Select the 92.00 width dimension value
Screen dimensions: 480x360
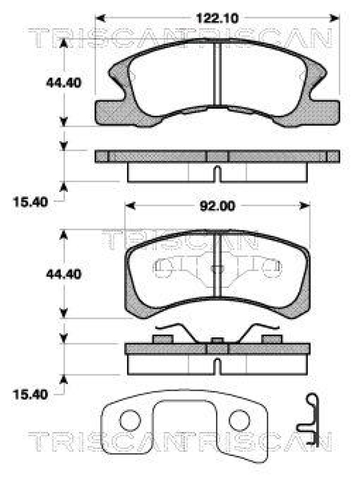[x=218, y=206]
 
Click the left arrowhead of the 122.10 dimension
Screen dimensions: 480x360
[x=101, y=19]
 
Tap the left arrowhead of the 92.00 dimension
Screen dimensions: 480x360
[x=130, y=206]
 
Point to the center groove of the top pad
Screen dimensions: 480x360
[x=218, y=78]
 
